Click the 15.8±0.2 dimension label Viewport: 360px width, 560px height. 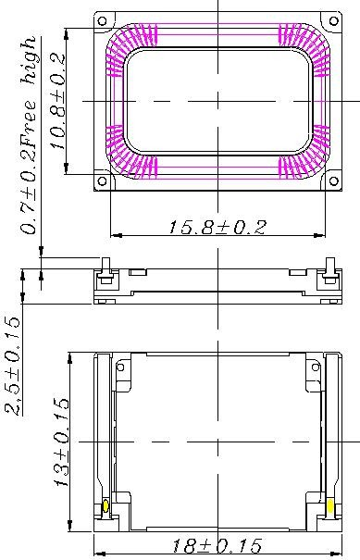point(217,227)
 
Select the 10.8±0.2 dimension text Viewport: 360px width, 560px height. point(57,102)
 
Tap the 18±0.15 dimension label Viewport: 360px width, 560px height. point(217,545)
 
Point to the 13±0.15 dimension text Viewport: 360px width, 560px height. point(61,442)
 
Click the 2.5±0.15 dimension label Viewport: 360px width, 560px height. point(13,366)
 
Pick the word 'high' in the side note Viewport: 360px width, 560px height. point(28,60)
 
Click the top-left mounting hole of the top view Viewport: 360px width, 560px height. point(102,20)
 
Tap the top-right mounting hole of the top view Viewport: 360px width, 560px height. point(333,20)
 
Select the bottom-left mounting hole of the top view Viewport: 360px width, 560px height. point(102,181)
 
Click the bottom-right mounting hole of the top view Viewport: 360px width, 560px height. point(333,181)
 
